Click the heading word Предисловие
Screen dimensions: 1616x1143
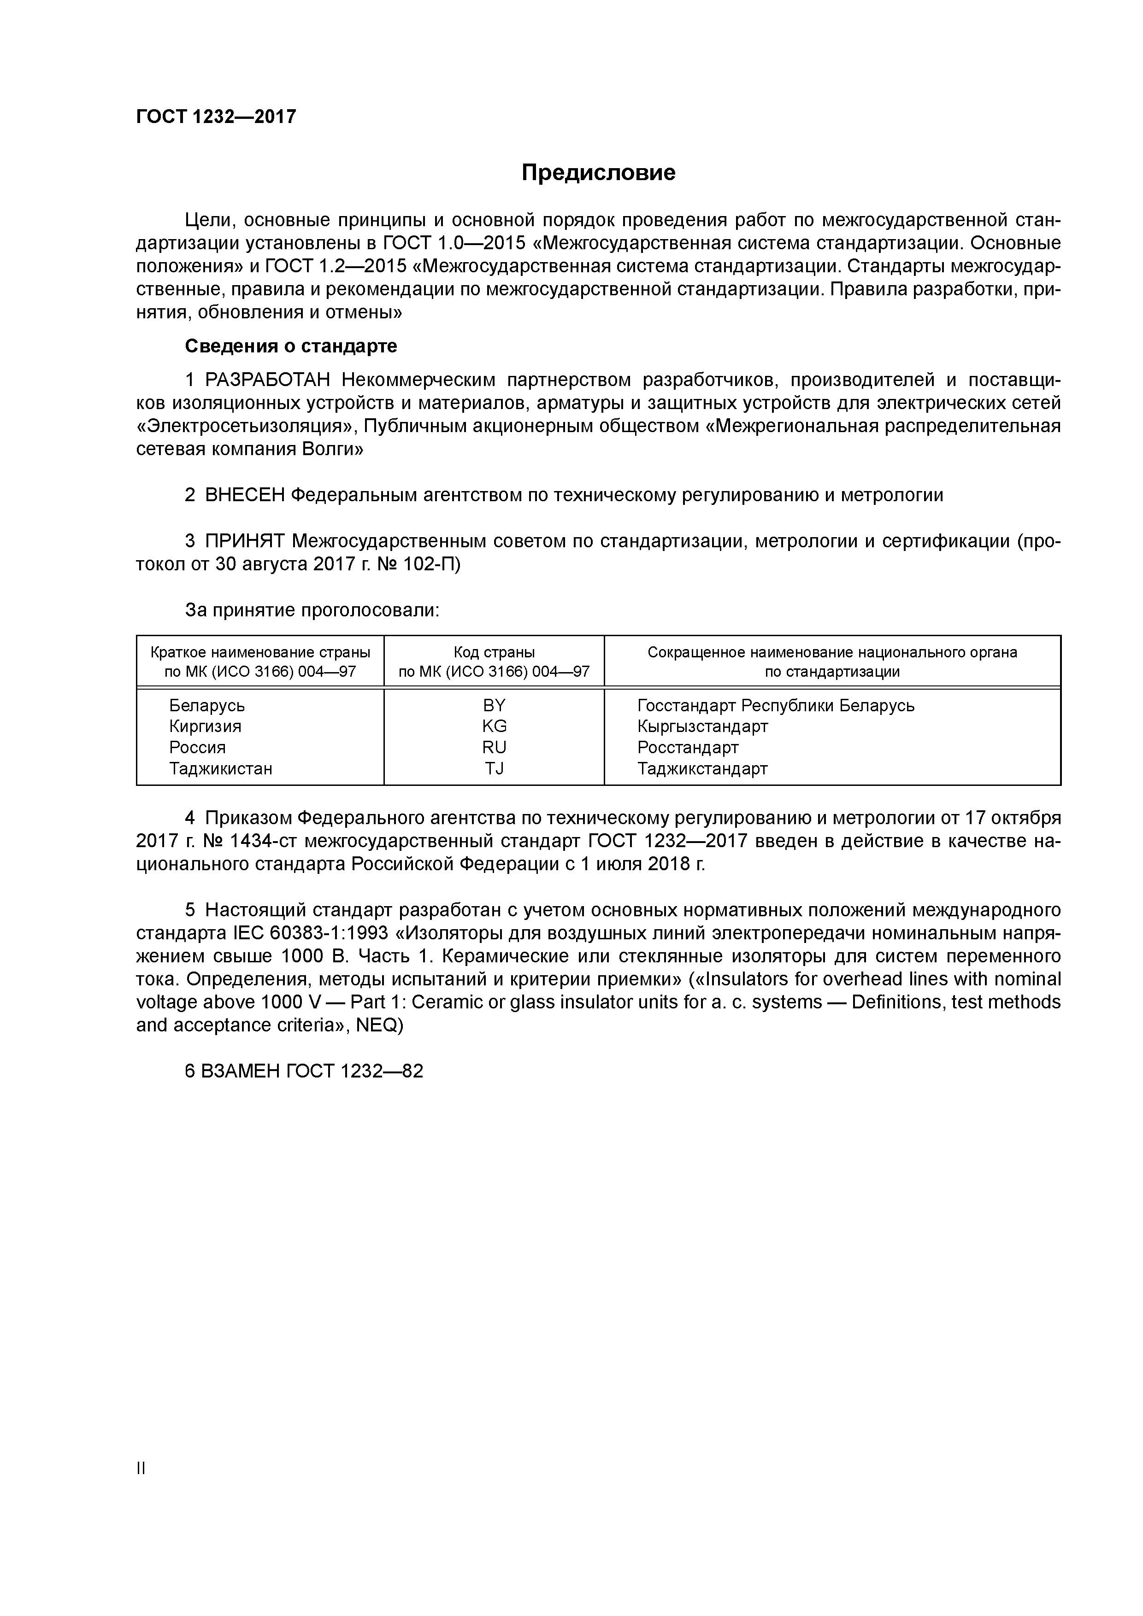598,173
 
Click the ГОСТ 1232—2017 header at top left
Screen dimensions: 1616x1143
216,117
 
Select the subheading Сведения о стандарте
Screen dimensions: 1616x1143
291,346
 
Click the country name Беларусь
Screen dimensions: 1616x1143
207,705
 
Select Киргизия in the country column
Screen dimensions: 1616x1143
205,726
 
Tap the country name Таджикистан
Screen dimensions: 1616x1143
220,768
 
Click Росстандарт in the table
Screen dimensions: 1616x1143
687,748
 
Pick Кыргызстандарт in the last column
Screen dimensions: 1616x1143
702,726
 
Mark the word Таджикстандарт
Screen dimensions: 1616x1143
702,768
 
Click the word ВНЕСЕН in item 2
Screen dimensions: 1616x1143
244,496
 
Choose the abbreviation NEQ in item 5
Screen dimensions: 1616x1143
377,1025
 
